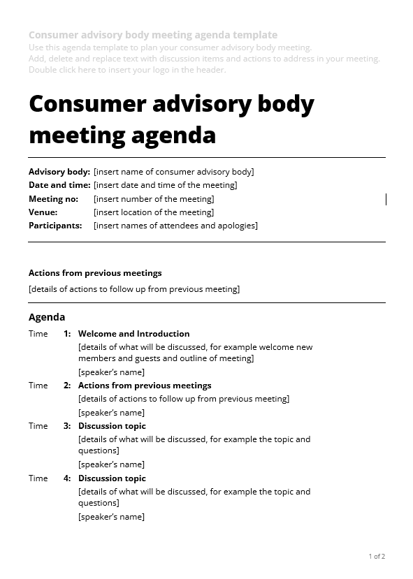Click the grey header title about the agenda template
pyautogui.click(x=153, y=35)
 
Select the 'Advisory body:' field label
pyautogui.click(x=59, y=172)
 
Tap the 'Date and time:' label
pyautogui.click(x=59, y=185)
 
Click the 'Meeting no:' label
pyautogui.click(x=53, y=199)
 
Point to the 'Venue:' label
pyautogui.click(x=43, y=212)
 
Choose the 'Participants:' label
pyautogui.click(x=55, y=226)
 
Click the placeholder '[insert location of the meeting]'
pyautogui.click(x=154, y=212)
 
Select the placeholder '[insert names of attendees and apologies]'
pyautogui.click(x=175, y=226)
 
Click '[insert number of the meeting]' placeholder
pyautogui.click(x=154, y=199)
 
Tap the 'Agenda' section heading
pyautogui.click(x=47, y=317)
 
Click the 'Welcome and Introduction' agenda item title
pyautogui.click(x=133, y=334)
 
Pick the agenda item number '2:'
pyautogui.click(x=67, y=386)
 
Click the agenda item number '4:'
pyautogui.click(x=67, y=478)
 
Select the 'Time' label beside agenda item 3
pyautogui.click(x=38, y=426)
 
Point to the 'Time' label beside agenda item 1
pyautogui.click(x=38, y=334)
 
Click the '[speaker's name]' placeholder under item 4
pyautogui.click(x=112, y=517)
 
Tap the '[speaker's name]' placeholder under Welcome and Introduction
pyautogui.click(x=112, y=372)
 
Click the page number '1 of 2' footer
pyautogui.click(x=377, y=557)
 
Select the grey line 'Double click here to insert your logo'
pyautogui.click(x=127, y=69)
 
